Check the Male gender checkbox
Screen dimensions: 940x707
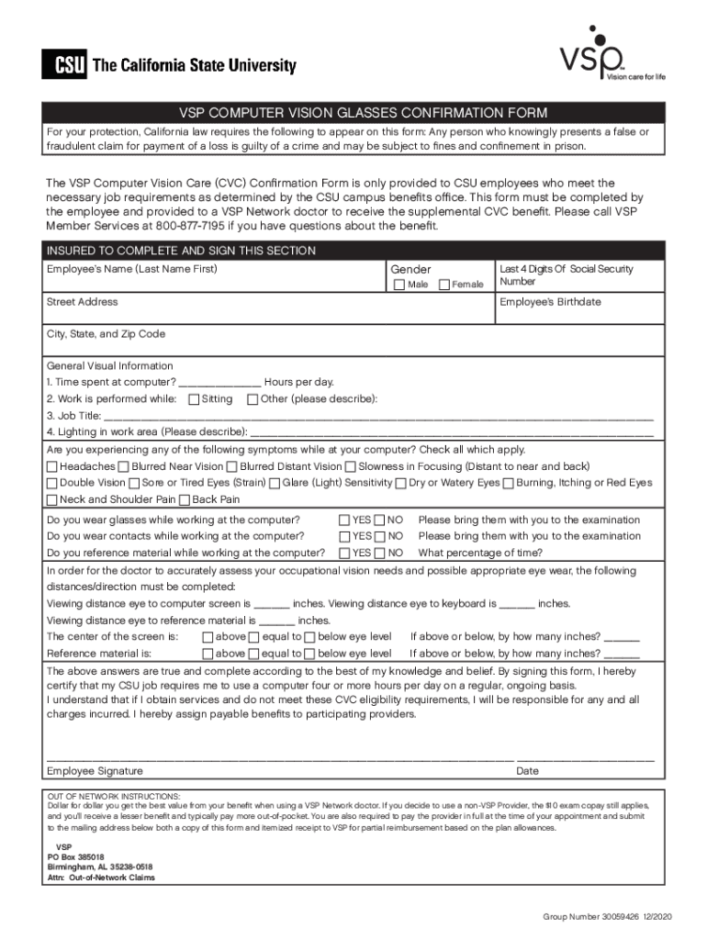398,285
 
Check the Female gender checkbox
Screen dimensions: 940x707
444,285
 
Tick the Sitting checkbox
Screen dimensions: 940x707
193,399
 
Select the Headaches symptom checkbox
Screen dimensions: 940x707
51,466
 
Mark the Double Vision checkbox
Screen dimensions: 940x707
51,483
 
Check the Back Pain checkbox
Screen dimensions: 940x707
185,499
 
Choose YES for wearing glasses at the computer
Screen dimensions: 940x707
344,520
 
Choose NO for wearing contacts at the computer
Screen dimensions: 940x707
380,536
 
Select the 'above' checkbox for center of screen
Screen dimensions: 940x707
208,637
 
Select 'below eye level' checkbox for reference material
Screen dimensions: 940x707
309,654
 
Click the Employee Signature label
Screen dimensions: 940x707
95,771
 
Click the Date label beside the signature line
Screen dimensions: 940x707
527,771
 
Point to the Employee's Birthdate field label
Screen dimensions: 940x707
550,302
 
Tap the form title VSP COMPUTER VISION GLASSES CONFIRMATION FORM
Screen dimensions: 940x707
353,113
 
